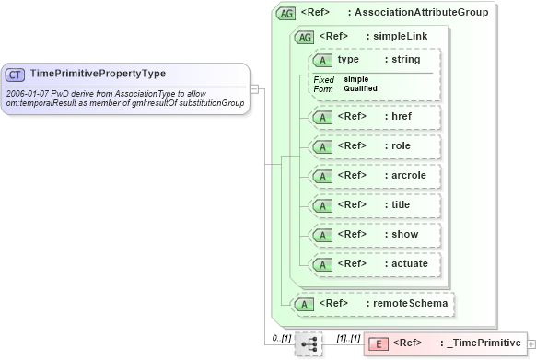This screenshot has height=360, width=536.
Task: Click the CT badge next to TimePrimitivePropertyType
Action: [x=16, y=74]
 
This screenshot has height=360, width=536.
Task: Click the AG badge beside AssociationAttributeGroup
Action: [x=285, y=13]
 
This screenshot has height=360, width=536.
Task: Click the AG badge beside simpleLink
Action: [x=303, y=37]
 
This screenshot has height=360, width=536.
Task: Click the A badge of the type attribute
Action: [x=323, y=60]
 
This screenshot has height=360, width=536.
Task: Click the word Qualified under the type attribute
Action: [x=360, y=88]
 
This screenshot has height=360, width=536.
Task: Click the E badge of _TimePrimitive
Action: [x=378, y=343]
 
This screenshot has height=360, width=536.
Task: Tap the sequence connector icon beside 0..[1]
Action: [x=309, y=343]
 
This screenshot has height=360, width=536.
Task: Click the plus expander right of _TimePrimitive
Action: [x=530, y=343]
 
